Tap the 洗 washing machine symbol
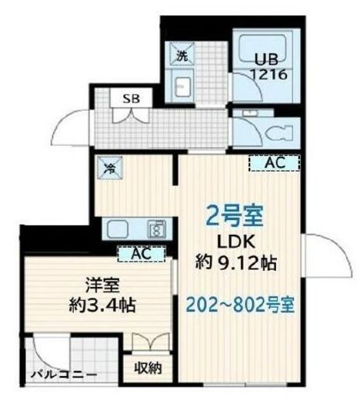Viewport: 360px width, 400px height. [182, 55]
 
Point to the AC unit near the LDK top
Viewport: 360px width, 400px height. [275, 163]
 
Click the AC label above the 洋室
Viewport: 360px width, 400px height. [141, 252]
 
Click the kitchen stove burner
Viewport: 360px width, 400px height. [158, 228]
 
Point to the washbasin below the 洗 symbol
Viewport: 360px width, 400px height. [184, 85]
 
